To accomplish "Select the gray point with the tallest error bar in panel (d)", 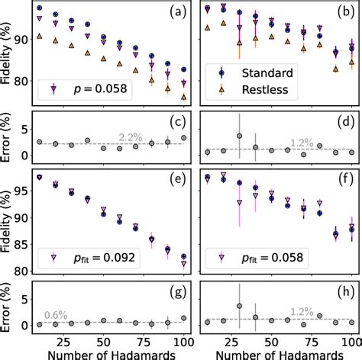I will [239, 136].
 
